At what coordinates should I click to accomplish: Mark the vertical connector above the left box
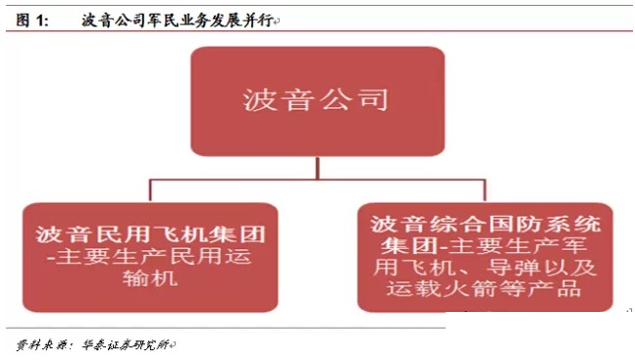coord(150,191)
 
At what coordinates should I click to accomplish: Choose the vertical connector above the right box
coord(486,191)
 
